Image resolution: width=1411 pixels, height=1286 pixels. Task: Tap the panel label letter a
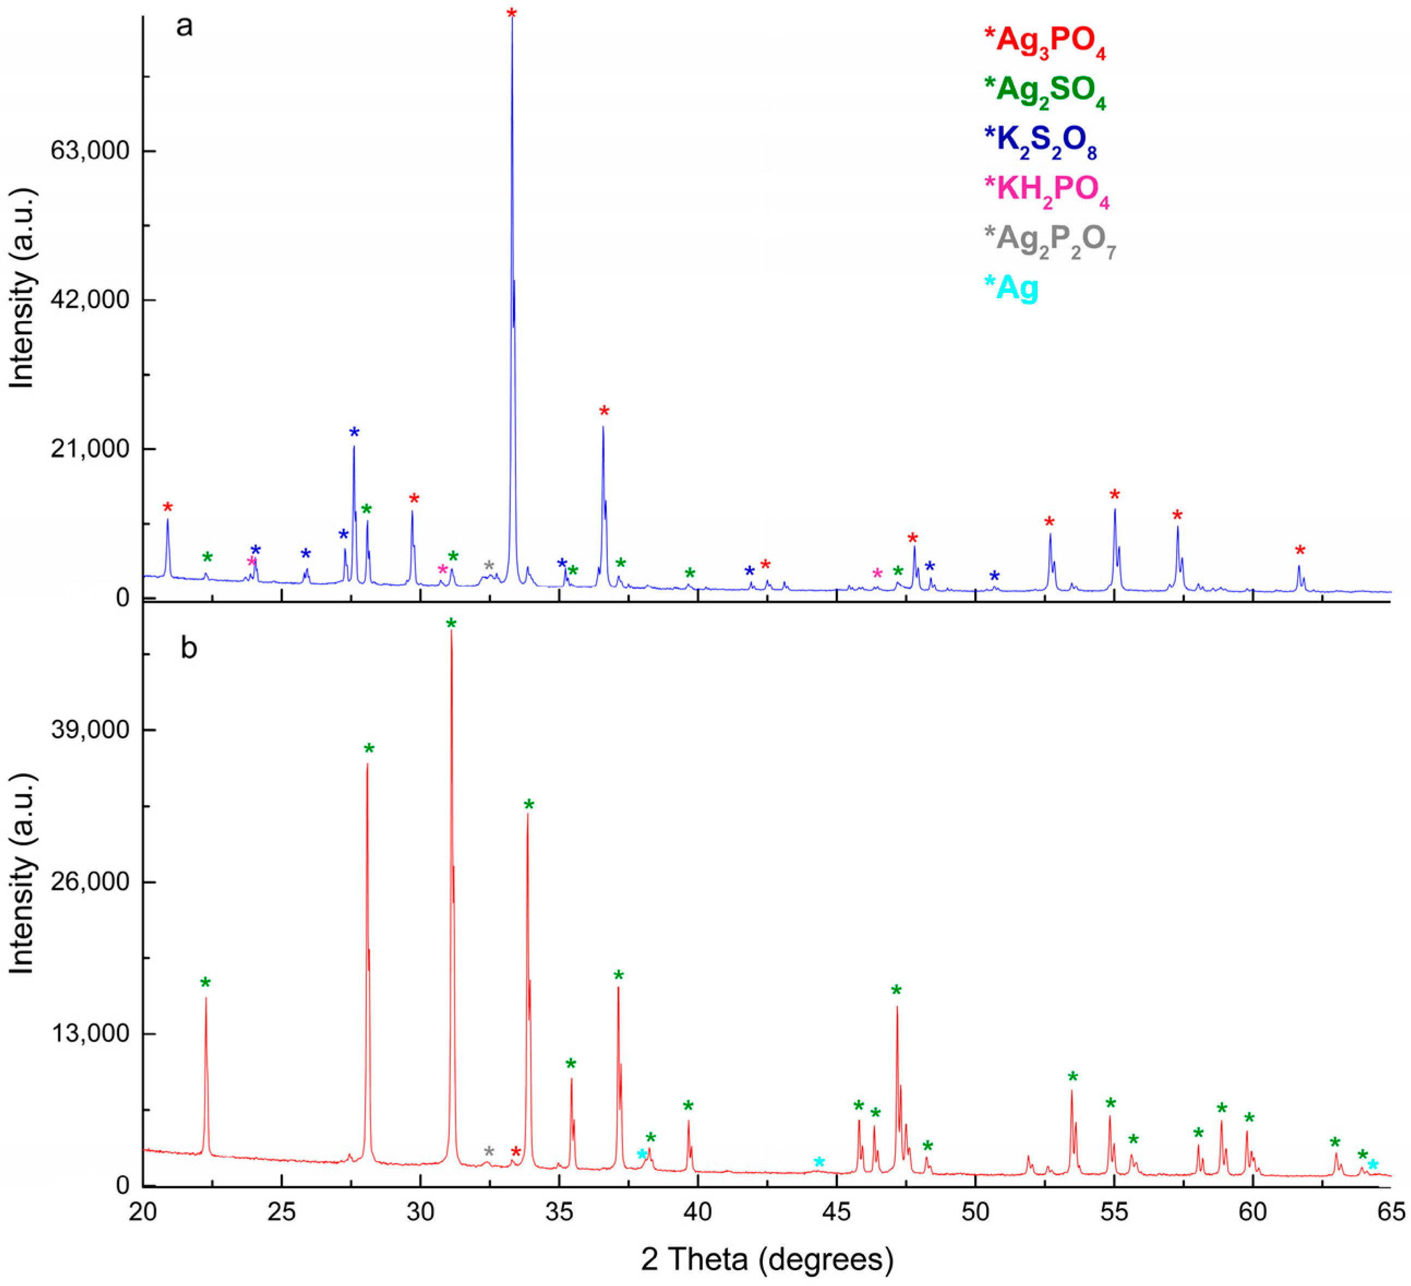(184, 26)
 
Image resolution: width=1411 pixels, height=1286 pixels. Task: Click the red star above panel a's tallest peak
(511, 13)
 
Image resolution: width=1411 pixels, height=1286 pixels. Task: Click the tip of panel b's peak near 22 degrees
(206, 998)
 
